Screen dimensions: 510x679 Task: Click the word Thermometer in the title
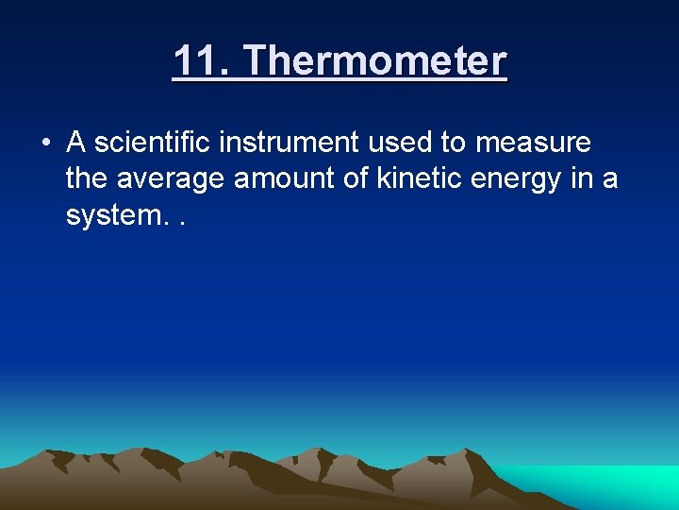coord(375,62)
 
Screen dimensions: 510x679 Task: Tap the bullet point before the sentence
coord(44,144)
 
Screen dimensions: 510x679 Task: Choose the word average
coord(170,178)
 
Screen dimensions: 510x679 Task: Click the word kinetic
coord(420,178)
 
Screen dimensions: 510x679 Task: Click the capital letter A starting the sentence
coord(76,143)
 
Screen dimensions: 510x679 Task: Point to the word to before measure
coord(455,143)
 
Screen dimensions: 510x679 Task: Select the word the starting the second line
coord(87,178)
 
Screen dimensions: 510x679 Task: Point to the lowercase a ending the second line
coord(610,180)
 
